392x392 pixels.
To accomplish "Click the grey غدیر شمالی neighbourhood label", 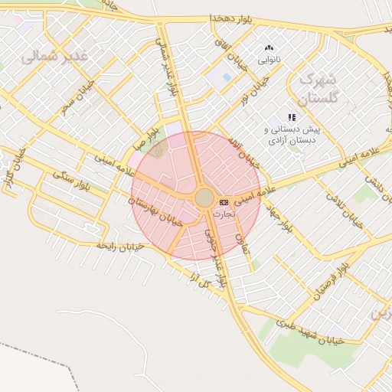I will (55, 57).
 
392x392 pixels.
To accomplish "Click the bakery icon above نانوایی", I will (269, 48).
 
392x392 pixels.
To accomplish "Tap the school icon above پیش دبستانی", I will (292, 117).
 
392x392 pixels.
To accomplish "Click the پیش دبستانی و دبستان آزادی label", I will (292, 135).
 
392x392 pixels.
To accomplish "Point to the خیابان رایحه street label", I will (120, 247).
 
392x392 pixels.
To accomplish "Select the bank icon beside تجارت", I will (223, 201).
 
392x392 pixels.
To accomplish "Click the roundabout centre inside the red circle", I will (204, 198).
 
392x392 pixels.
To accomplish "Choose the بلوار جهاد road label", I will (279, 219).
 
